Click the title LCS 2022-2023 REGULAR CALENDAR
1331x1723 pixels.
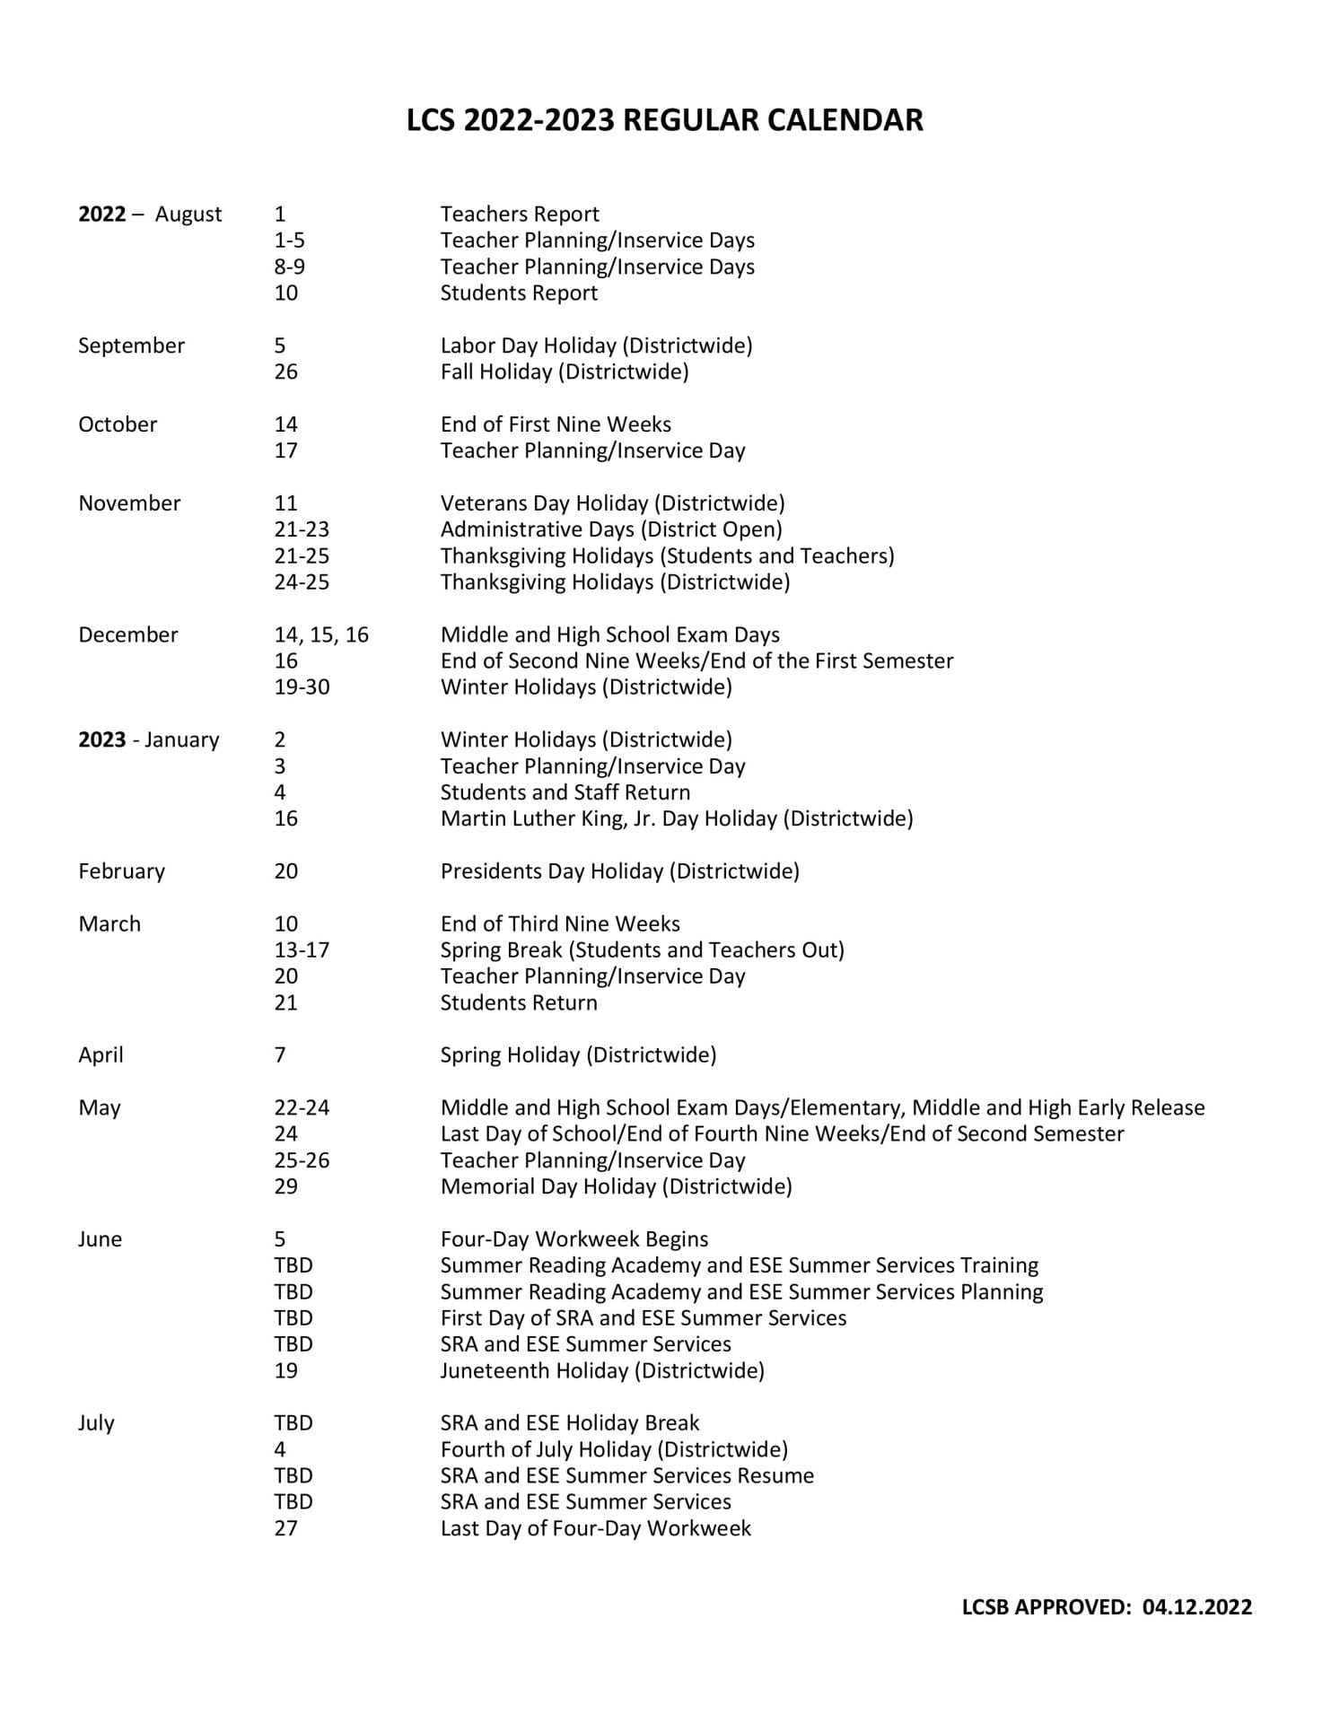tap(664, 120)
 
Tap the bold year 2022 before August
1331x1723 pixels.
tap(101, 214)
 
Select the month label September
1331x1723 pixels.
tap(131, 346)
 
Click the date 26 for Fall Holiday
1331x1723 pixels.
tap(285, 372)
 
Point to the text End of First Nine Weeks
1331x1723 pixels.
tap(555, 424)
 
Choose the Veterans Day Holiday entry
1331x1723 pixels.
tap(612, 503)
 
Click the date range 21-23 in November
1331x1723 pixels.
tap(302, 529)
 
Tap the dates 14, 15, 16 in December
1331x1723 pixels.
tap(321, 635)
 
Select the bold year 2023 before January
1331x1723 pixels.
tap(101, 740)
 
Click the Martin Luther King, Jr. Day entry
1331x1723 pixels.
tap(676, 818)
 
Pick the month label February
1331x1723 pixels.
tap(121, 871)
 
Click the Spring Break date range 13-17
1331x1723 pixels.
tap(302, 950)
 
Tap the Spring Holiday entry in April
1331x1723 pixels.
tap(578, 1055)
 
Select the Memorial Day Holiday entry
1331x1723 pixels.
tap(616, 1187)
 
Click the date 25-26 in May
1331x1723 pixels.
tap(302, 1161)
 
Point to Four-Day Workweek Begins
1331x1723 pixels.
tap(574, 1239)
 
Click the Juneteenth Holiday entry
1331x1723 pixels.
tap(602, 1371)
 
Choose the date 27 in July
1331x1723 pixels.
tap(285, 1528)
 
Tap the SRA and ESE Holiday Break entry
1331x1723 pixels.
tap(569, 1423)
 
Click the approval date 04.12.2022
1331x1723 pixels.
tap(1197, 1607)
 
